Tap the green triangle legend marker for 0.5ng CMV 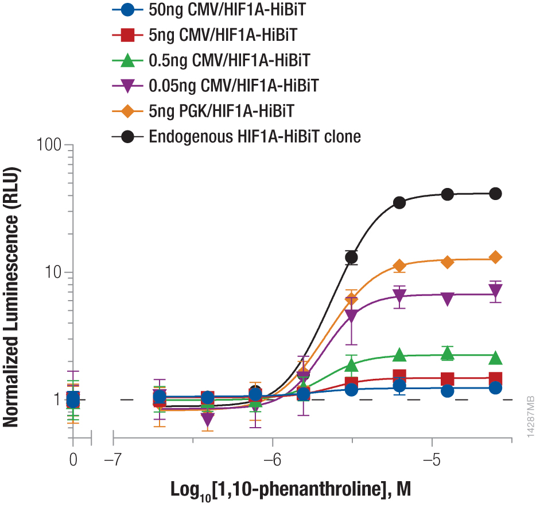pos(129,60)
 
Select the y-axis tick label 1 pos(59,399)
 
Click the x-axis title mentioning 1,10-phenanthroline pos(292,490)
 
